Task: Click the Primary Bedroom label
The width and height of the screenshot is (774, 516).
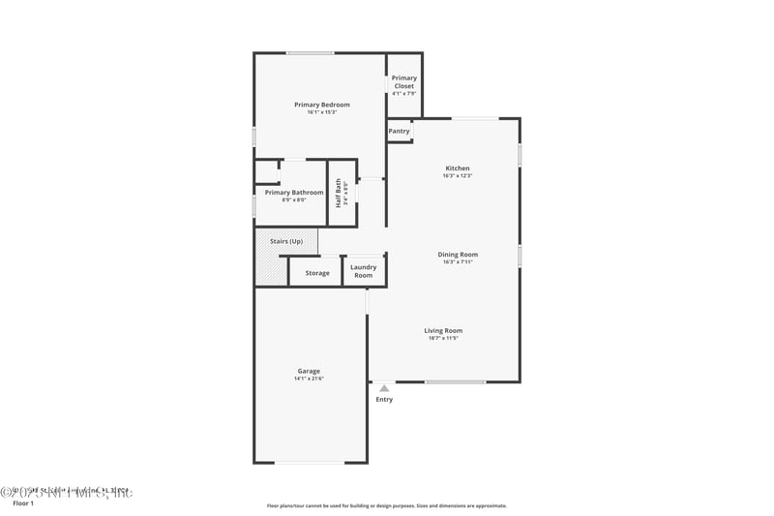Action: pyautogui.click(x=322, y=105)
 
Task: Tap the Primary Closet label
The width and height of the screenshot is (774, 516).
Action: pyautogui.click(x=404, y=82)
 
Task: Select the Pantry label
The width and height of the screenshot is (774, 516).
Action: pyautogui.click(x=399, y=131)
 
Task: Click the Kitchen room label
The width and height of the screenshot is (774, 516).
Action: pyautogui.click(x=457, y=168)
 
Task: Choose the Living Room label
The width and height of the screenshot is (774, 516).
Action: pyautogui.click(x=443, y=331)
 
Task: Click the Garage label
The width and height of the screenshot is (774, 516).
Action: pyautogui.click(x=309, y=371)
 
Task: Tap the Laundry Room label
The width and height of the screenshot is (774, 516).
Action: pyautogui.click(x=364, y=271)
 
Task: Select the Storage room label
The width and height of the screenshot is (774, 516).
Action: pyautogui.click(x=317, y=273)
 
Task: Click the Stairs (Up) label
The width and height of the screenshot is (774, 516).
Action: pyautogui.click(x=286, y=241)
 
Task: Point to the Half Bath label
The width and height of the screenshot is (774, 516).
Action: pyautogui.click(x=339, y=193)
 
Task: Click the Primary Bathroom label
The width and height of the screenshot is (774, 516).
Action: pyautogui.click(x=294, y=193)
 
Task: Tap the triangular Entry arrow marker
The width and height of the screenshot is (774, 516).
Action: pyautogui.click(x=384, y=388)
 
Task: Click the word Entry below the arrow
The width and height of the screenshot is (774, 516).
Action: pyautogui.click(x=384, y=400)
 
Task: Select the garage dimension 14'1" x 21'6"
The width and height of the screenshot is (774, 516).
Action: pyautogui.click(x=309, y=379)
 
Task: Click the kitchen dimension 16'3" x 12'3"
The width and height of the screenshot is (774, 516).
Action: pyautogui.click(x=457, y=176)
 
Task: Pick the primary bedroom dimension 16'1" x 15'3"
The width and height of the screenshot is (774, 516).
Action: pyautogui.click(x=322, y=112)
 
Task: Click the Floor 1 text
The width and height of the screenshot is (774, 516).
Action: pyautogui.click(x=23, y=503)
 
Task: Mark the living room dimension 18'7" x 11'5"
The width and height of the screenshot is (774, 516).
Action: pyautogui.click(x=443, y=339)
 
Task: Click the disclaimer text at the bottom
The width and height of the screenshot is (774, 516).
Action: pyautogui.click(x=387, y=505)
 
